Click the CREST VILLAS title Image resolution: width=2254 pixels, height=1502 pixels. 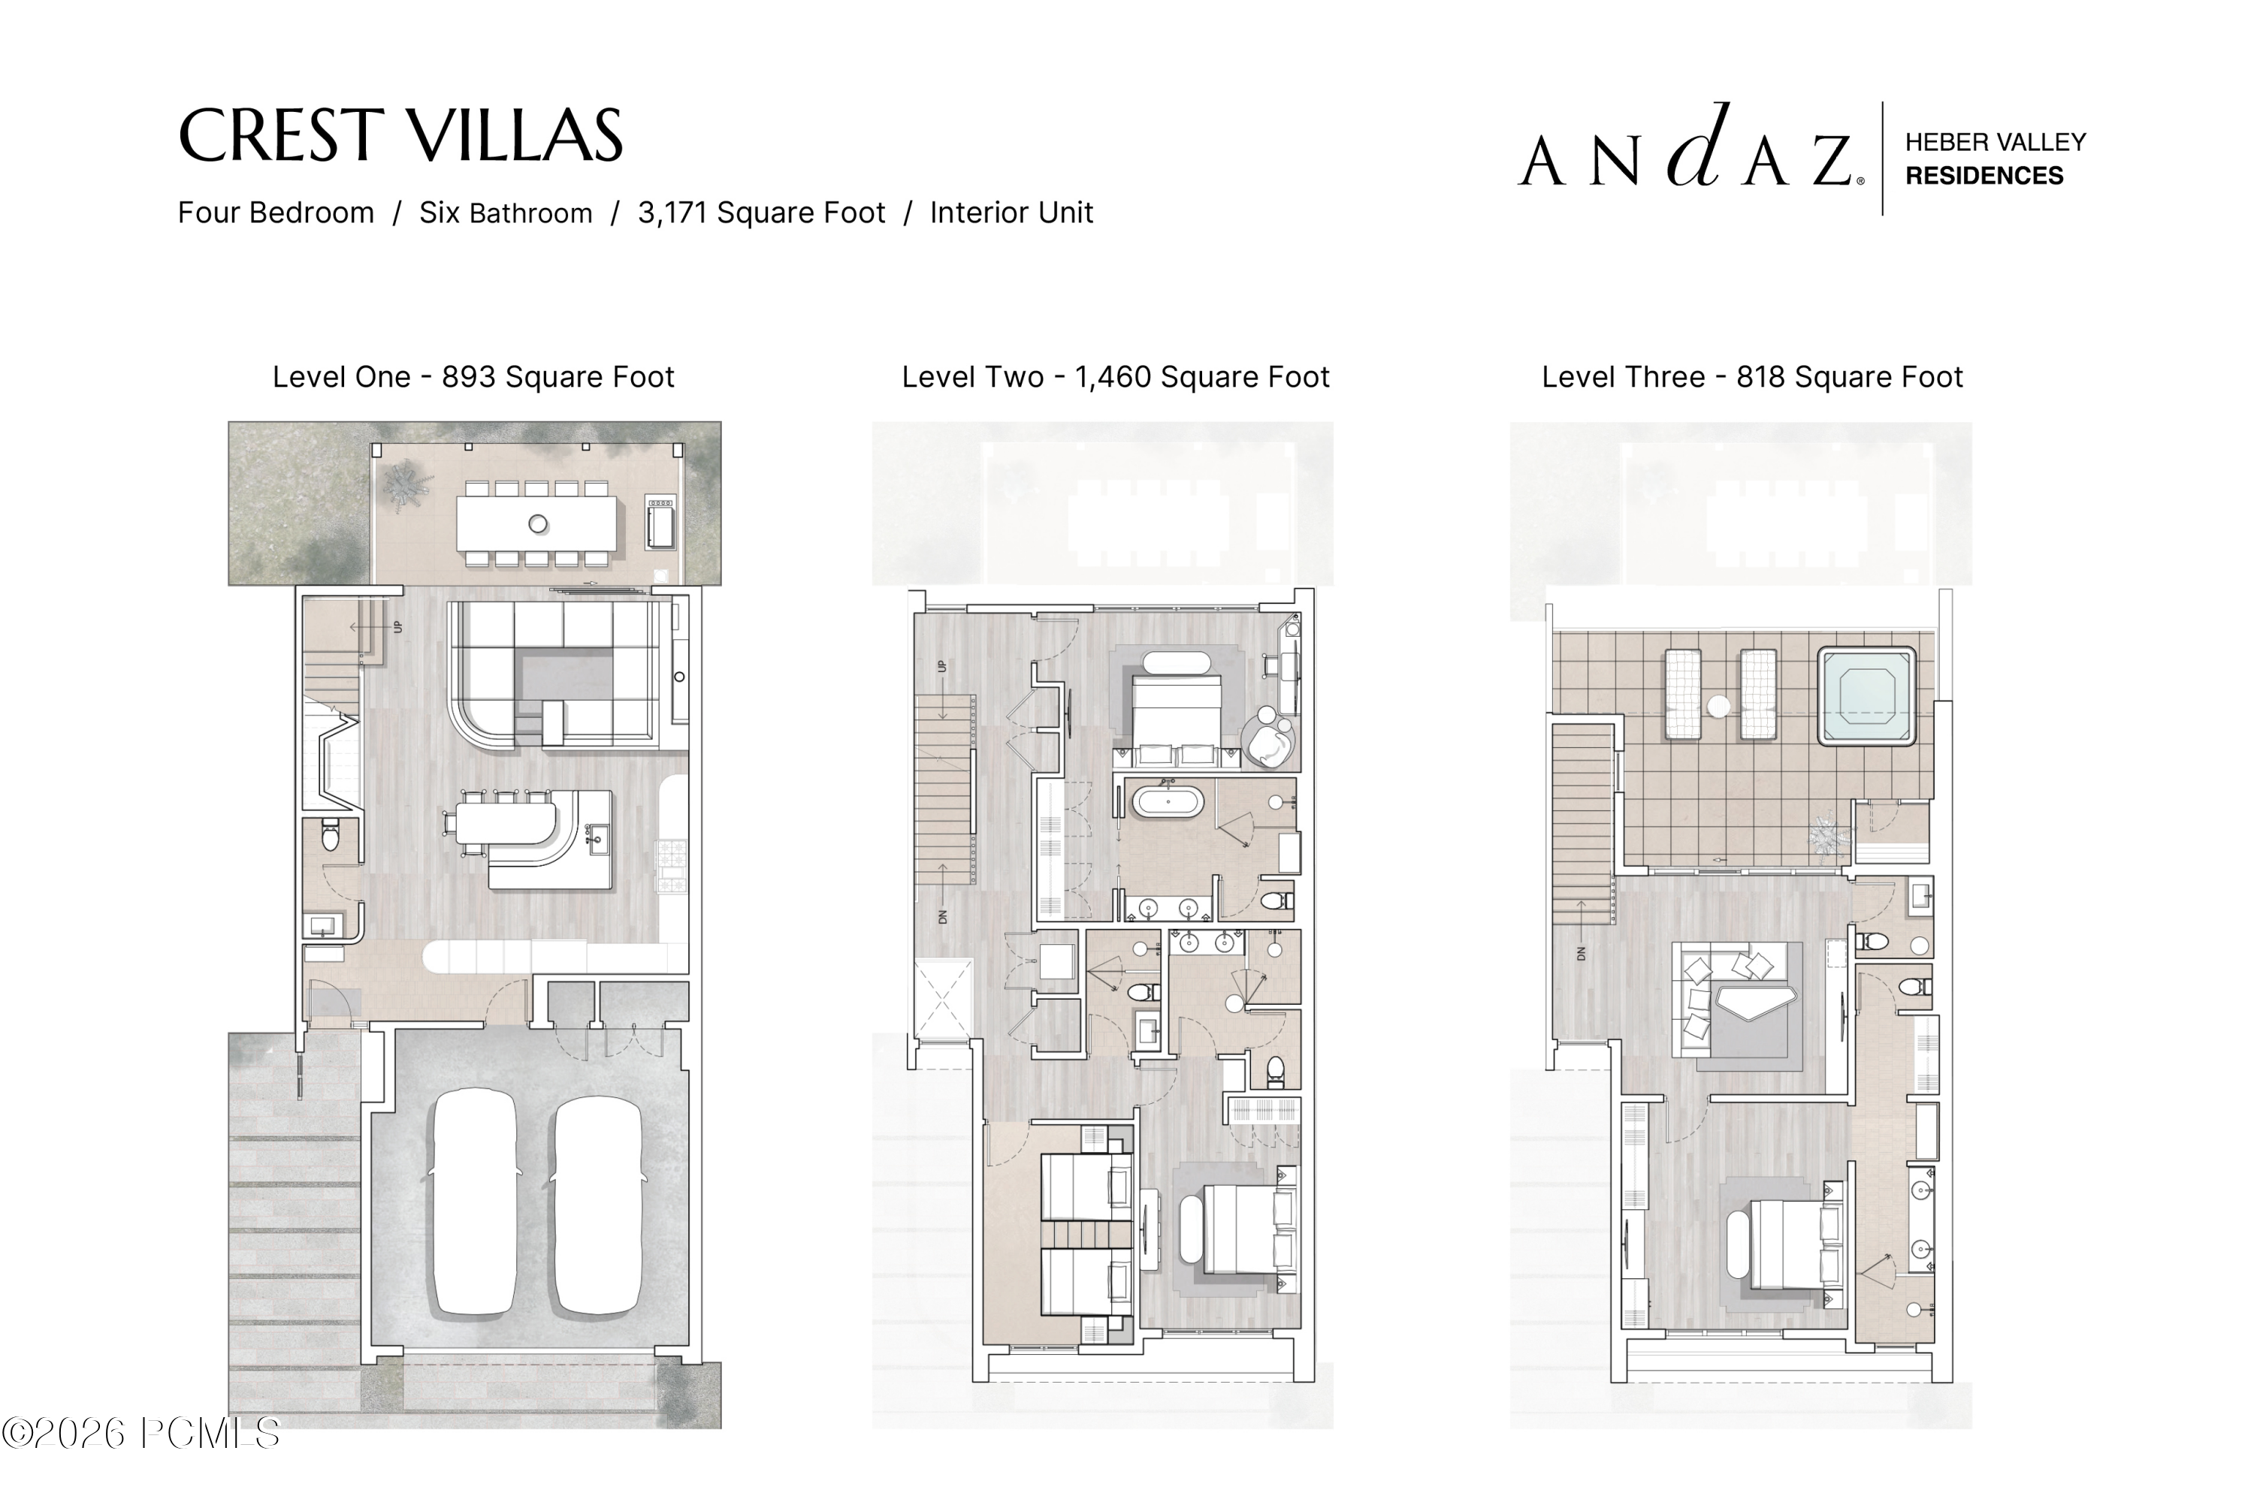click(400, 135)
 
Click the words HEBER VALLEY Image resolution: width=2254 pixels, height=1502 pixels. click(1996, 142)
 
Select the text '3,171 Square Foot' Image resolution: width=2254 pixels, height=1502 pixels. click(762, 213)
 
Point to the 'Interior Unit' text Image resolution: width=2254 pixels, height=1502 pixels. click(1011, 213)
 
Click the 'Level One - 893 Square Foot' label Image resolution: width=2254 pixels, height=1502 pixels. click(473, 376)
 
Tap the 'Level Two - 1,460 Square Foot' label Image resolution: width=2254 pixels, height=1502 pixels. click(1116, 376)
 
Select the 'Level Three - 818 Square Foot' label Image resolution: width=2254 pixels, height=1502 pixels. click(1752, 376)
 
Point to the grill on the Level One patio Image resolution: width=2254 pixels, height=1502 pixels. click(660, 522)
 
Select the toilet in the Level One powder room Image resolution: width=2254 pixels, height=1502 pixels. click(331, 834)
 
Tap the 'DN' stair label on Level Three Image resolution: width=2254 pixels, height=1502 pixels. click(1582, 954)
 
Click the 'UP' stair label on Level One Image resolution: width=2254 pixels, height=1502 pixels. click(397, 627)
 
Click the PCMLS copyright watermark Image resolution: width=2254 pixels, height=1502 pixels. click(141, 1433)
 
